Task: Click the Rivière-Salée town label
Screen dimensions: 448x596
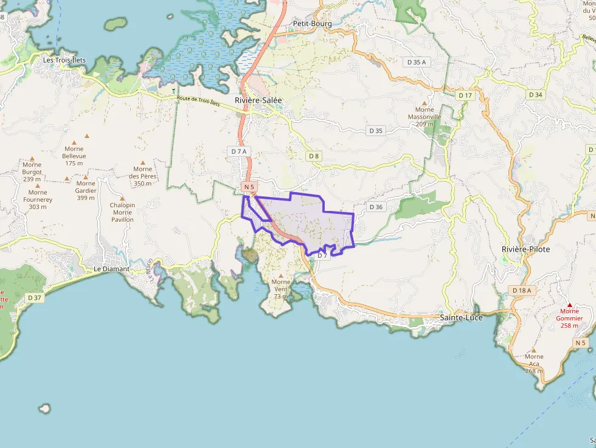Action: tap(258, 100)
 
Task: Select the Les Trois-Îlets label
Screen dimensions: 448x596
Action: tap(64, 60)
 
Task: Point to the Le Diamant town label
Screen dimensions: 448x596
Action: tap(111, 269)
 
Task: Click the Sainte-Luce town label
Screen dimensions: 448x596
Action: tap(461, 317)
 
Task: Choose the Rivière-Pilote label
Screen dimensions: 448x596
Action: tap(526, 249)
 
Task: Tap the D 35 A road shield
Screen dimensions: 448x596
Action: tap(417, 62)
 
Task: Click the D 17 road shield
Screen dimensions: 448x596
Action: tap(465, 95)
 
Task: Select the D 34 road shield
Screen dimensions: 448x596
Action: tap(535, 95)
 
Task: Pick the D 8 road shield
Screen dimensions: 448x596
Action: tap(313, 156)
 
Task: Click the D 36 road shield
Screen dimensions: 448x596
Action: tap(376, 207)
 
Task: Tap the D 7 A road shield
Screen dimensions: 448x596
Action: tap(239, 151)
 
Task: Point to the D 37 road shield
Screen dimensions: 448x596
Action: tap(35, 297)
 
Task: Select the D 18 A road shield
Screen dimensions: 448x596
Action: tap(522, 291)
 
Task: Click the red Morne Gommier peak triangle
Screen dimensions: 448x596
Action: tap(570, 305)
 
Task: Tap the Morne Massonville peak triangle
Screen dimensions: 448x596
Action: tap(424, 103)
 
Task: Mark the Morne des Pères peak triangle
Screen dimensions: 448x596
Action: tap(143, 162)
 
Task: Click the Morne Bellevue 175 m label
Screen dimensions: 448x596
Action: tap(74, 156)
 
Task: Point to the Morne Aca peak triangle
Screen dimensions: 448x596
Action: tap(533, 350)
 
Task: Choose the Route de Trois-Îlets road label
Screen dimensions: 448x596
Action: tap(198, 101)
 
